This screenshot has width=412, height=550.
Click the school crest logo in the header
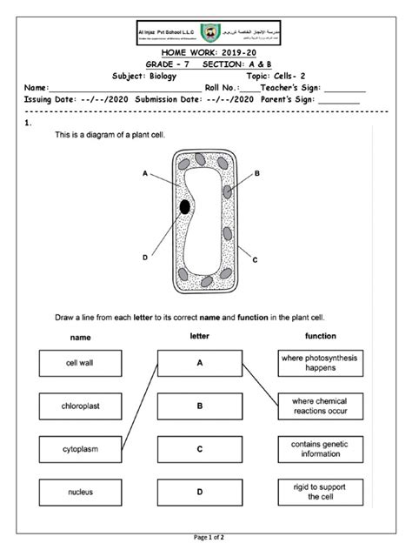click(206, 31)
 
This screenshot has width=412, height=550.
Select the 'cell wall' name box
click(79, 363)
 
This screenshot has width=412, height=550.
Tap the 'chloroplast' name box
click(79, 406)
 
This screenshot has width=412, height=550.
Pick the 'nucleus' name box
click(79, 493)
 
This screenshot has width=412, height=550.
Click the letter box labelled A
click(199, 363)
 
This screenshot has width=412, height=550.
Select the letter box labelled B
click(199, 406)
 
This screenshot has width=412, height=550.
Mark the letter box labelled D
click(199, 493)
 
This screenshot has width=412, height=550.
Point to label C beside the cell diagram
click(255, 259)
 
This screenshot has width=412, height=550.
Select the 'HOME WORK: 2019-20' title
click(206, 54)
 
